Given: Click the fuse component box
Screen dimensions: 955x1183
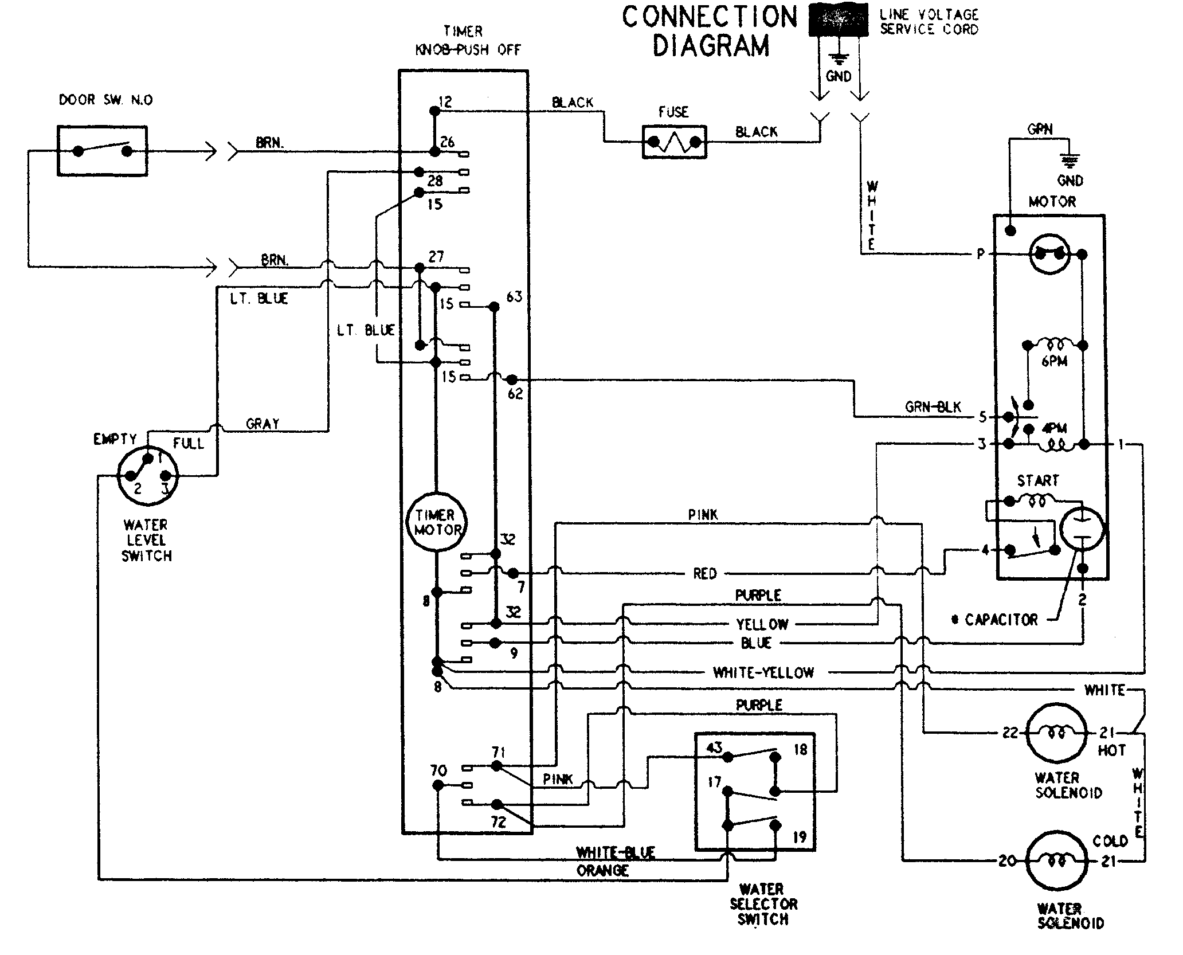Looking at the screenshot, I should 674,142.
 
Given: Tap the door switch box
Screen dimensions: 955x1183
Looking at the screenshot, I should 103,151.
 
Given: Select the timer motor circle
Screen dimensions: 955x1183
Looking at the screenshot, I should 437,522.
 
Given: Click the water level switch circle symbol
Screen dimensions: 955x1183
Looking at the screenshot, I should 148,475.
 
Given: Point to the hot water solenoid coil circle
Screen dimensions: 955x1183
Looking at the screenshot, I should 1056,733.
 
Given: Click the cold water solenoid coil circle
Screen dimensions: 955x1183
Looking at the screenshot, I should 1056,861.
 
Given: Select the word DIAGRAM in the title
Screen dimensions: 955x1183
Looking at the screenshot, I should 711,46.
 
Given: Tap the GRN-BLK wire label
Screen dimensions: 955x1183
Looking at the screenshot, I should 933,407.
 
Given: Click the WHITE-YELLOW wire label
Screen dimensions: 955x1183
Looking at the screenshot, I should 763,672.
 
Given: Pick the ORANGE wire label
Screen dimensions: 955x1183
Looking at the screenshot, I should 602,871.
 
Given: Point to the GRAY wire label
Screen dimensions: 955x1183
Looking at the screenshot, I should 263,424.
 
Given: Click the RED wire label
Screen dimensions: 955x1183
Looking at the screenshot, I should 704,574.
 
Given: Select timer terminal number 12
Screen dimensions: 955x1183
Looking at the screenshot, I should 445,102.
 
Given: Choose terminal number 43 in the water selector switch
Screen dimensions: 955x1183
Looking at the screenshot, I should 714,747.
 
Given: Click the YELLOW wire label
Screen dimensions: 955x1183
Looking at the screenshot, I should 762,624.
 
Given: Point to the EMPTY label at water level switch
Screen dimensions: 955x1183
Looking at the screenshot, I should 115,439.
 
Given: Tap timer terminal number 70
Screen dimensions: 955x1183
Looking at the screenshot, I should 438,770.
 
